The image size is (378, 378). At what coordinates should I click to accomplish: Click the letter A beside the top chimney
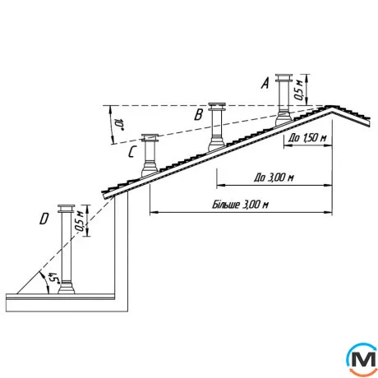[x=265, y=83]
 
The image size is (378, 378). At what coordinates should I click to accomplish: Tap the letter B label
[x=199, y=114]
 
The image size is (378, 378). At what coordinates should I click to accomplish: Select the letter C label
[x=132, y=152]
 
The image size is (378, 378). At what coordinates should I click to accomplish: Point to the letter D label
[x=44, y=219]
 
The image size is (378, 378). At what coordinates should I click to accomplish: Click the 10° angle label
[x=118, y=124]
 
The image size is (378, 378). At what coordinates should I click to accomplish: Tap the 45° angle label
[x=53, y=278]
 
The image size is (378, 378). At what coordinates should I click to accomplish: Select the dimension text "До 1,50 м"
[x=307, y=138]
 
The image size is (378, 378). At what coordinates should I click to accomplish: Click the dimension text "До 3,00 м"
[x=274, y=177]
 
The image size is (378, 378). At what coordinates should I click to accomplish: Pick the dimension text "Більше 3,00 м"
[x=240, y=205]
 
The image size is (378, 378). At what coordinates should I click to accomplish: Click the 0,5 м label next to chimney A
[x=299, y=90]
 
